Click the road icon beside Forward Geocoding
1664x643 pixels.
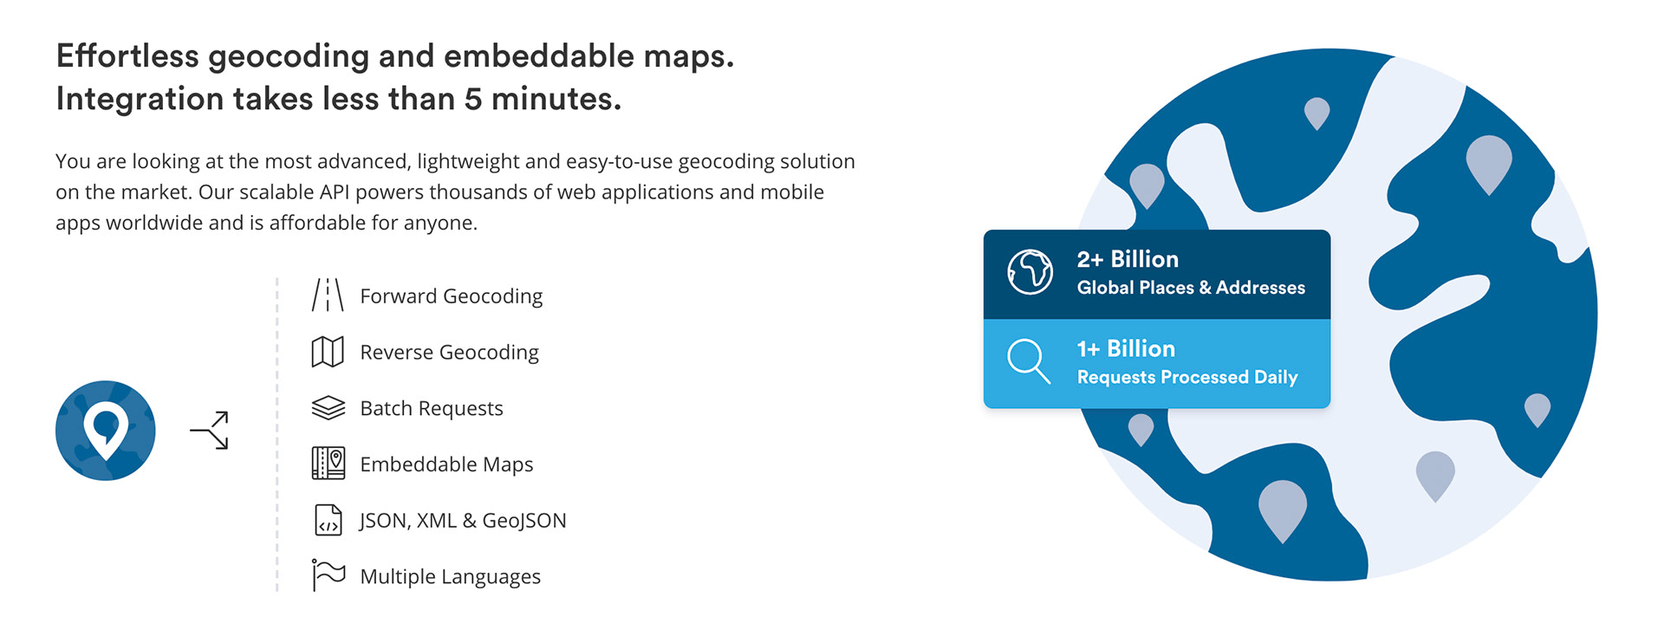point(328,295)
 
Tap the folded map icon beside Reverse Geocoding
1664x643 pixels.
point(328,352)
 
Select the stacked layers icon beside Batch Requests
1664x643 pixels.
point(328,408)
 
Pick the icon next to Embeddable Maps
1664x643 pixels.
point(328,464)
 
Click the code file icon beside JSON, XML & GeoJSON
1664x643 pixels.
point(328,520)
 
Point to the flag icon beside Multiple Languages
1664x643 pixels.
point(328,575)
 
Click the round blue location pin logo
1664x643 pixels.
point(106,431)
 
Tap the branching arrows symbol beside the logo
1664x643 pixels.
point(211,431)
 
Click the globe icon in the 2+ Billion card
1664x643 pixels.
point(1030,272)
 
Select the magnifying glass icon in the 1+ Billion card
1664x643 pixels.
point(1029,361)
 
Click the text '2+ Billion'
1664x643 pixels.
point(1128,259)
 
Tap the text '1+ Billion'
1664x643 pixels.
point(1126,348)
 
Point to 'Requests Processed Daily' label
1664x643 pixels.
point(1187,377)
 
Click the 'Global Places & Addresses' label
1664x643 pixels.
point(1191,288)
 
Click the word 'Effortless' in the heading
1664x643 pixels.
point(128,56)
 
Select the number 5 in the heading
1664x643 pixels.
point(473,99)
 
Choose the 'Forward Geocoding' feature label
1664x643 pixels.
point(452,296)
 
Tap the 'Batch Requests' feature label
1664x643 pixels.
point(432,408)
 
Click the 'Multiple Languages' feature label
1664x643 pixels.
point(451,577)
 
